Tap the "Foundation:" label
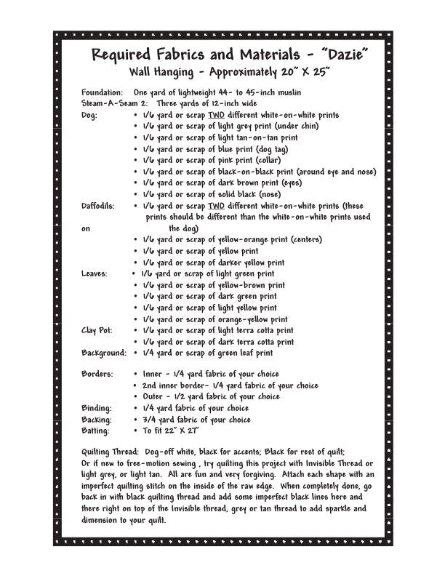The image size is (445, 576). (x=103, y=92)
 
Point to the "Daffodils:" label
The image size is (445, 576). (x=100, y=206)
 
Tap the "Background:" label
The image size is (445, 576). (x=104, y=353)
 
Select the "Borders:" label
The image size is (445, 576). (x=97, y=374)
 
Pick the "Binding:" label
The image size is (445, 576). (x=97, y=408)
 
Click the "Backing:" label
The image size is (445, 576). (x=97, y=420)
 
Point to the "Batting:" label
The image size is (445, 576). (x=97, y=431)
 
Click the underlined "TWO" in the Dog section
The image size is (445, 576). (x=215, y=115)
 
